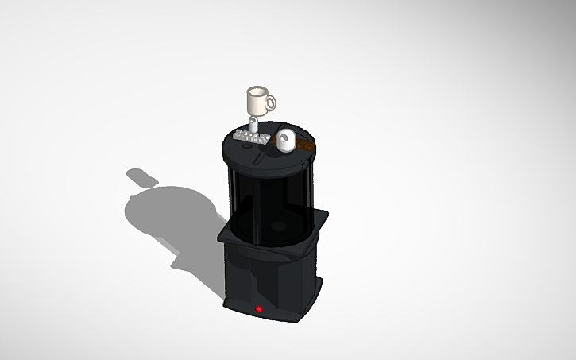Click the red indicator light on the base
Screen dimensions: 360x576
pyautogui.click(x=258, y=308)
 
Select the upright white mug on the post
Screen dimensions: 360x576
pyautogui.click(x=257, y=102)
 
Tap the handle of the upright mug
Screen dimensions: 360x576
pyautogui.click(x=271, y=102)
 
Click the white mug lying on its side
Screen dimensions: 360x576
pyautogui.click(x=285, y=141)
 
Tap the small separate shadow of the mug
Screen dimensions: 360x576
pyautogui.click(x=141, y=176)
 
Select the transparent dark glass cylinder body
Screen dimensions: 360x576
pyautogui.click(x=266, y=203)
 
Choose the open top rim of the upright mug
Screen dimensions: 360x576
pyautogui.click(x=256, y=90)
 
